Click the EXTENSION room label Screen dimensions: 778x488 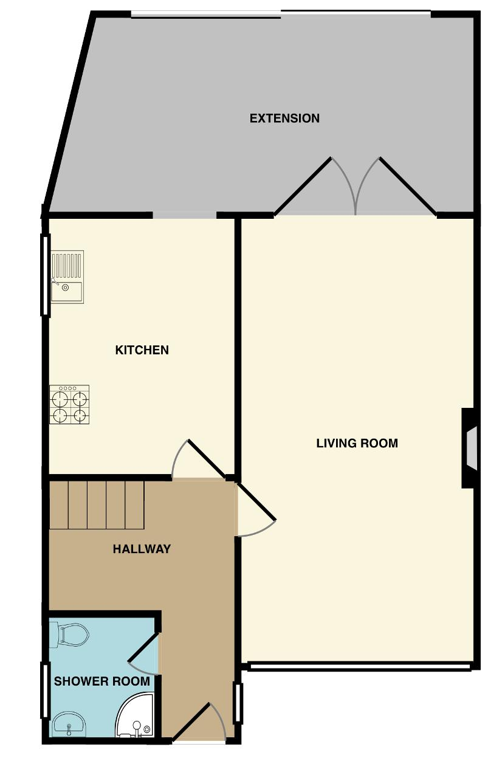pos(284,118)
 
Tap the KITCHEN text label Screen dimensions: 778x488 pos(142,350)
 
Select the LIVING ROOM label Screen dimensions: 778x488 pos(357,443)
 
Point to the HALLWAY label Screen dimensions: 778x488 pos(142,549)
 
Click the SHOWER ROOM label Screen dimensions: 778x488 pos(101,681)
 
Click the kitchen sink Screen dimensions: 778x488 pos(67,277)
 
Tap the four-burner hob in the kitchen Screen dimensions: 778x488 pos(69,405)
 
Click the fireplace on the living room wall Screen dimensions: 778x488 pos(469,448)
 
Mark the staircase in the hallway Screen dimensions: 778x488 pos(97,504)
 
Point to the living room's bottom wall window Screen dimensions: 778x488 pos(359,667)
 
